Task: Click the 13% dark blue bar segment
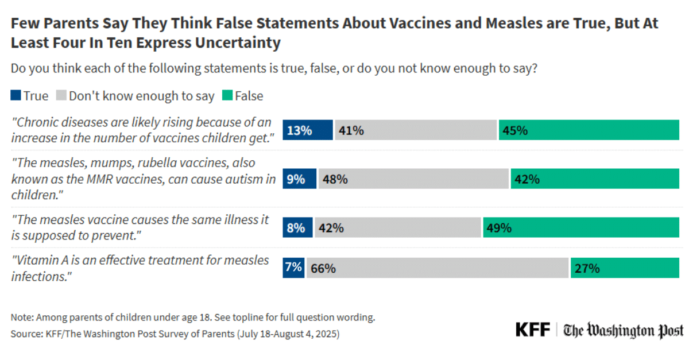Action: point(307,130)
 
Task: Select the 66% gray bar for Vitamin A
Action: point(438,268)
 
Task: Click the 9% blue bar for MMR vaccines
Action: point(299,179)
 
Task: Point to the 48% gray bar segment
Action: point(413,179)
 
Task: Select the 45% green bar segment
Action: point(589,130)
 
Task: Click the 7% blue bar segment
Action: point(293,268)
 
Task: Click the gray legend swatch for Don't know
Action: point(61,96)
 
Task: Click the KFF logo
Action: point(532,330)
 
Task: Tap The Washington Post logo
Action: point(624,331)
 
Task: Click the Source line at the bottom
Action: point(175,334)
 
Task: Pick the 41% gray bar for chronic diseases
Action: point(415,130)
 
